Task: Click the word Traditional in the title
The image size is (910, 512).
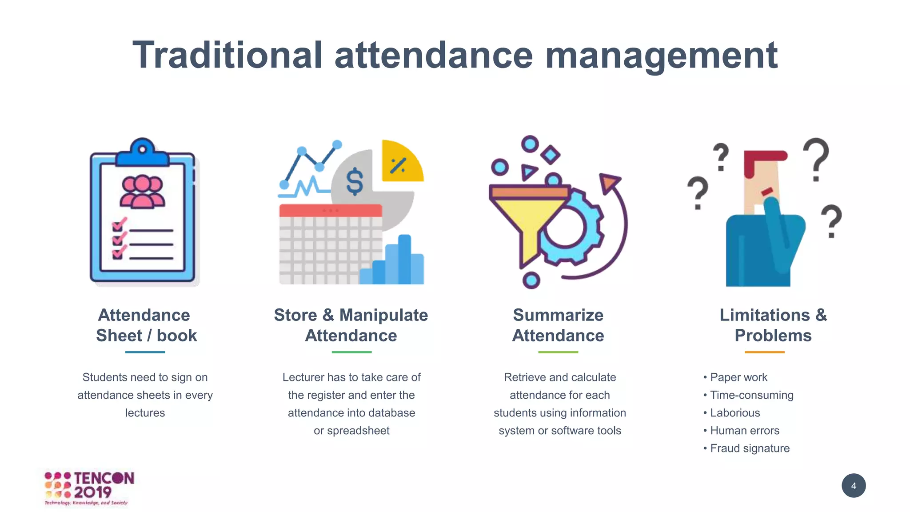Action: click(x=227, y=55)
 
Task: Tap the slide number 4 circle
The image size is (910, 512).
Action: click(x=853, y=486)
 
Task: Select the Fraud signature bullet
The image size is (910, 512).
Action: click(x=750, y=448)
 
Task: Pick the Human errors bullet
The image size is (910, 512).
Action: click(x=745, y=431)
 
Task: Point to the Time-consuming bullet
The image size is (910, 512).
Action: click(x=751, y=395)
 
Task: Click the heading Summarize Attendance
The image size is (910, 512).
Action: click(x=558, y=325)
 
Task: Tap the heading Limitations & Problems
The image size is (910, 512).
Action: click(x=773, y=325)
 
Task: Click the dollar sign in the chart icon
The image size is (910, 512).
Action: click(x=355, y=182)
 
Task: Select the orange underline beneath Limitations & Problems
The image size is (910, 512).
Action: click(x=764, y=352)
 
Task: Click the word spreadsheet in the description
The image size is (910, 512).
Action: click(x=358, y=431)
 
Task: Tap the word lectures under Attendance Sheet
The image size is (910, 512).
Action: click(x=145, y=413)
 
